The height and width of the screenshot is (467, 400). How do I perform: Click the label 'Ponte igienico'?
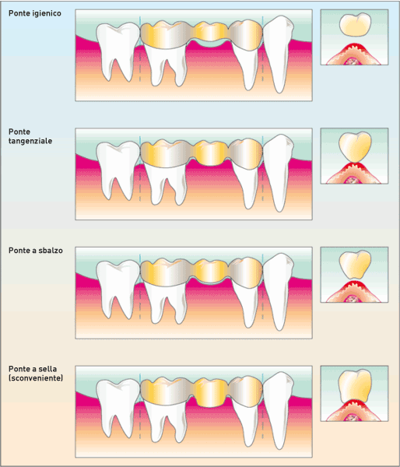35,13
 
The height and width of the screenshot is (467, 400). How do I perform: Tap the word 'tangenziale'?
30,141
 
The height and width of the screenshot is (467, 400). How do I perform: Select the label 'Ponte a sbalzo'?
36,251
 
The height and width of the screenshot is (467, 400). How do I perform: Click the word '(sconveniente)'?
36,378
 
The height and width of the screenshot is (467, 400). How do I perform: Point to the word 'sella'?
48,369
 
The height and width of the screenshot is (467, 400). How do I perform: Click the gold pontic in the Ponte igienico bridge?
210,31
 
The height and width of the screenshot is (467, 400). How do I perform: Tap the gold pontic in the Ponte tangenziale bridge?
210,153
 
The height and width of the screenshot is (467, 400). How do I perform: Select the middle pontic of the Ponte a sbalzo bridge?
210,270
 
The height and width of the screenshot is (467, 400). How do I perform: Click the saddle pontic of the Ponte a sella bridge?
210,392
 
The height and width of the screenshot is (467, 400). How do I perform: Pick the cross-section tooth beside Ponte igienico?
355,25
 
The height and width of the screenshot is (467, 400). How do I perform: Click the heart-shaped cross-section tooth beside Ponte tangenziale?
355,147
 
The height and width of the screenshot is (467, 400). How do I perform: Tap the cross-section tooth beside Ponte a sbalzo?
355,265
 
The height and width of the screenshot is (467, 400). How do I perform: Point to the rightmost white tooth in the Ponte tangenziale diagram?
279,173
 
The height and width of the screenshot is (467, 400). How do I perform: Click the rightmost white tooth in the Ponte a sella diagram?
279,410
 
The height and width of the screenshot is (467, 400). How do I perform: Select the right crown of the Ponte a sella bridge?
246,392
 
